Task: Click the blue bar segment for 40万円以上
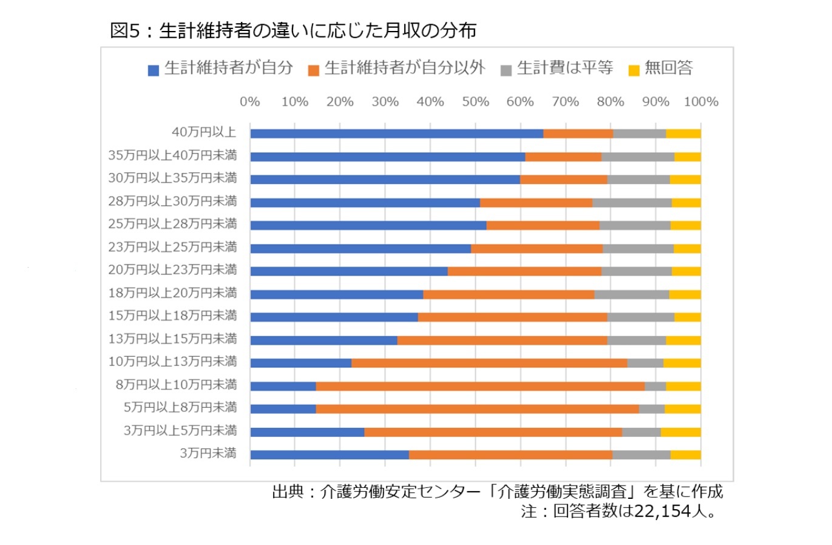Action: coord(396,134)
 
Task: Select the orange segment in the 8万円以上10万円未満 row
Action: coord(480,386)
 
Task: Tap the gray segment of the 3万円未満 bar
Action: coord(641,455)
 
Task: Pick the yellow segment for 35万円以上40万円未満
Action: coord(687,157)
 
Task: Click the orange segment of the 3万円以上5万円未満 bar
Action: coord(493,432)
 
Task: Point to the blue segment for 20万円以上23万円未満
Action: coord(349,271)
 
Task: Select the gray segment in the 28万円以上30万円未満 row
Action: coord(632,203)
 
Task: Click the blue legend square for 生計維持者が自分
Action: coord(154,70)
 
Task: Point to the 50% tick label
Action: coord(475,102)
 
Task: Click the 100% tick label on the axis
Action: coord(701,102)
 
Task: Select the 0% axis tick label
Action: coord(249,102)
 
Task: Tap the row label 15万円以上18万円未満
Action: coord(172,316)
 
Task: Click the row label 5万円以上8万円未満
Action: coord(180,407)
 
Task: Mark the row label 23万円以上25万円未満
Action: coord(172,247)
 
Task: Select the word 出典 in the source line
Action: coord(288,491)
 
